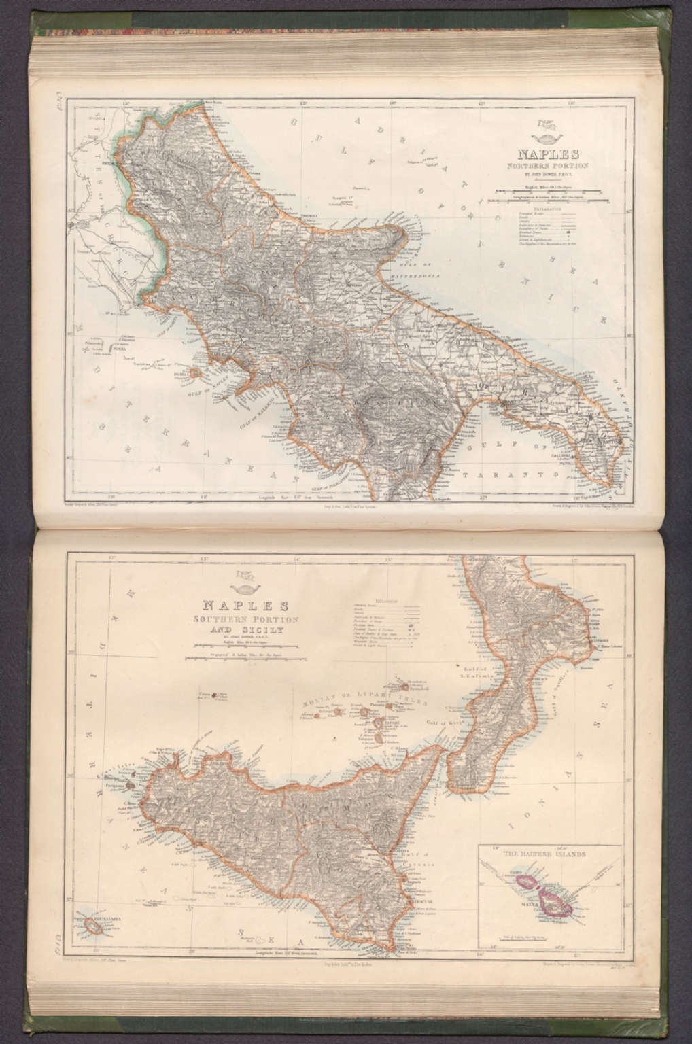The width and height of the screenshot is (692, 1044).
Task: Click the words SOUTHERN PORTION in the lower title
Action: (245, 620)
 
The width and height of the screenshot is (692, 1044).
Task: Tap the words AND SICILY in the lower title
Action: (245, 630)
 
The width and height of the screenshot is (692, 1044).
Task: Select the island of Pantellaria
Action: (93, 926)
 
